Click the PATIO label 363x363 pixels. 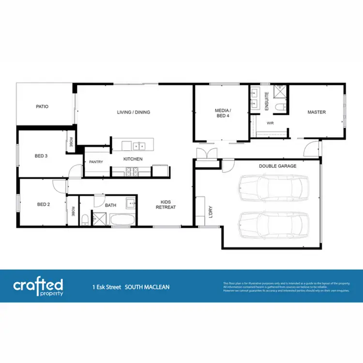click(42, 106)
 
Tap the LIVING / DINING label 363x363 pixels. click(134, 112)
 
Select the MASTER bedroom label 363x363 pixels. click(317, 112)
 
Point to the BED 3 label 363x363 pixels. click(41, 156)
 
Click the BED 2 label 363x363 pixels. click(43, 204)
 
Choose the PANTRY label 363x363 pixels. click(96, 162)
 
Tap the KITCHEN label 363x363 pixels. click(133, 159)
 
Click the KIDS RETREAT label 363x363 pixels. click(165, 205)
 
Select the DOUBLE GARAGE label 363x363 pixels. click(277, 166)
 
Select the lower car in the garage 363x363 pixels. click(273, 223)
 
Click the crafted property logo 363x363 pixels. click(38, 286)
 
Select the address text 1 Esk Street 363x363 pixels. click(107, 287)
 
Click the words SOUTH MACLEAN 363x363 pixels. click(147, 287)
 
